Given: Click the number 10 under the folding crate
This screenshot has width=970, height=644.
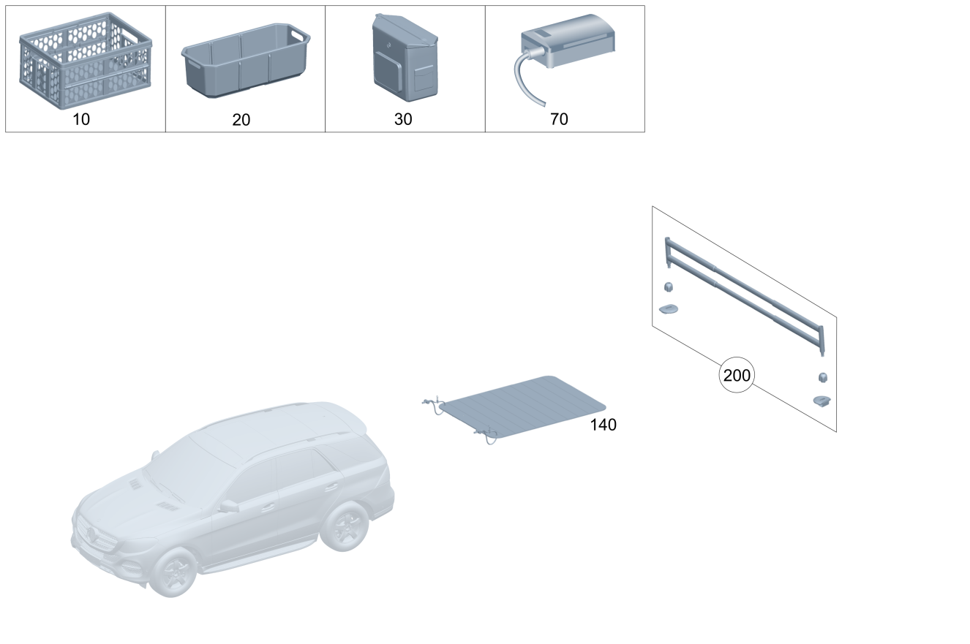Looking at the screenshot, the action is pos(81,119).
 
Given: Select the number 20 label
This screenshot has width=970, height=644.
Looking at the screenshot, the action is pos(241,120).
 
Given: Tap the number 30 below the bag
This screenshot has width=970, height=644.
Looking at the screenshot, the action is pos(403,119).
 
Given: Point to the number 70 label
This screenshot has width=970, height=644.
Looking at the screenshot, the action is pos(559,119).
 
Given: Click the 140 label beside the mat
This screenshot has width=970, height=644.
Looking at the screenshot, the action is pos(604,425).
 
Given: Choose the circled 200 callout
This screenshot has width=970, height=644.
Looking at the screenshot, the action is pos(737,375).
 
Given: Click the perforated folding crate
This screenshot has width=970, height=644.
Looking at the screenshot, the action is pos(86,61).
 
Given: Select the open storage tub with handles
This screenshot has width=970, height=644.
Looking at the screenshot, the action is pos(246,61).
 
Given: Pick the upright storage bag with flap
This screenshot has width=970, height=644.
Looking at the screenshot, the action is pos(405,58).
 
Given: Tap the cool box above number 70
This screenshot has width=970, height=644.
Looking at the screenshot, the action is pos(568,40).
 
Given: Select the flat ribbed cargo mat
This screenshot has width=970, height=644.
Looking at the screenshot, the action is pos(523,407).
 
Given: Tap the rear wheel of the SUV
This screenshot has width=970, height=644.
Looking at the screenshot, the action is pos(345,526).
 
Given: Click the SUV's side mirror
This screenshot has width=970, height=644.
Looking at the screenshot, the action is pos(230,506).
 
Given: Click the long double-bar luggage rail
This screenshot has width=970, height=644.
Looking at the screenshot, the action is pos(745,296).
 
